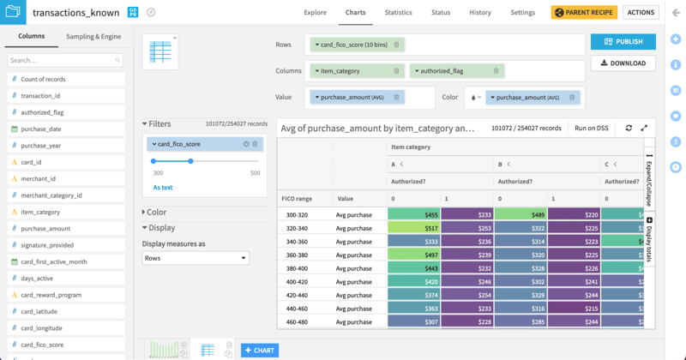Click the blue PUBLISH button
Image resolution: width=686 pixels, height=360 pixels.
pos(623,41)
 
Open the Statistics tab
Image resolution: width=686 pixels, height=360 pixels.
pos(398,13)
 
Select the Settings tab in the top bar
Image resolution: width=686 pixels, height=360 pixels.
pos(522,13)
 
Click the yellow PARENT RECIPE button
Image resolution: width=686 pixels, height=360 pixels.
pos(584,13)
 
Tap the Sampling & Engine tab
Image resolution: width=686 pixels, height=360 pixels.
pos(93,37)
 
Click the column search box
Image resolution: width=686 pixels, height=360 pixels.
pos(65,60)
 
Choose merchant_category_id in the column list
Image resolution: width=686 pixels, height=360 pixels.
pos(51,195)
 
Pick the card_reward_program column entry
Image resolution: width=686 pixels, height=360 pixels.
pos(51,295)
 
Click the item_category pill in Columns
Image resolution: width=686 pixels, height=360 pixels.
pos(357,71)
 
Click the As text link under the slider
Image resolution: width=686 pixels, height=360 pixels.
pos(163,188)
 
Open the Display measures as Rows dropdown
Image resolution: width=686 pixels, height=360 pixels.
pos(195,258)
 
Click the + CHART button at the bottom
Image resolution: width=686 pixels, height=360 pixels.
pos(260,350)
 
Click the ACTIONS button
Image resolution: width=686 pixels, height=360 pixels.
pos(641,13)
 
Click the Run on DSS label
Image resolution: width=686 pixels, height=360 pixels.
pos(592,128)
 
